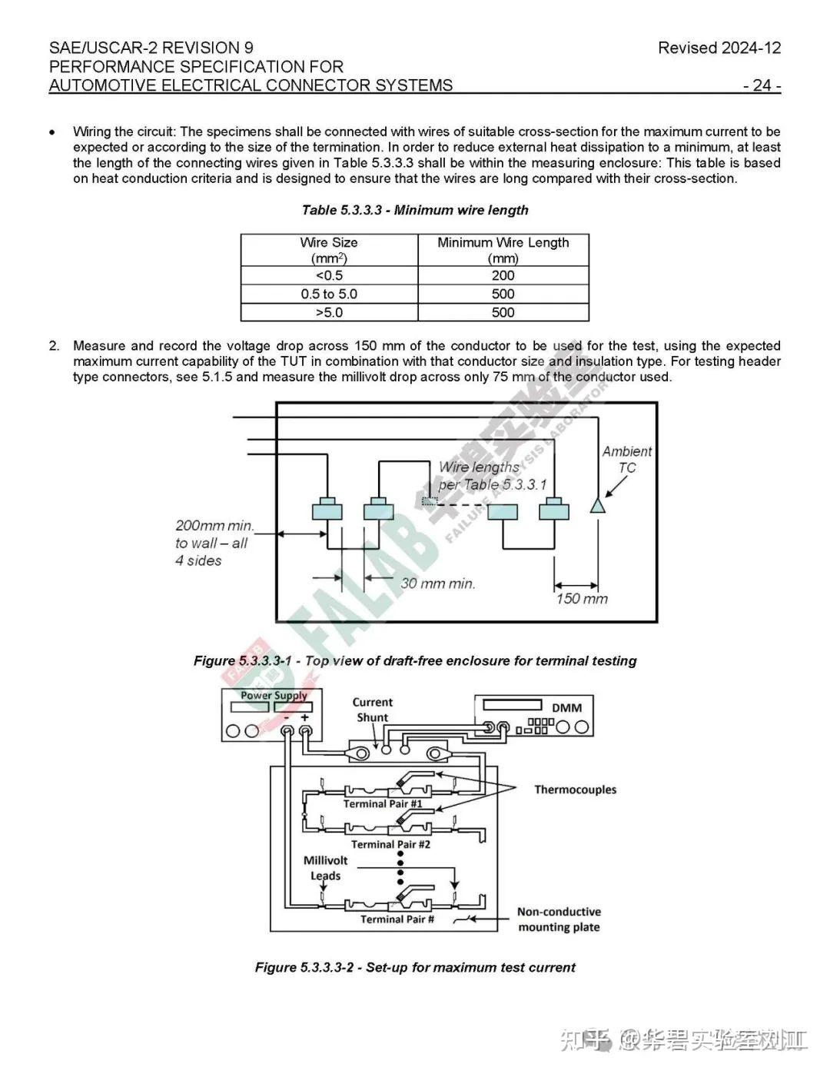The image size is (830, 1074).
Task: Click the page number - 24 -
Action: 762,85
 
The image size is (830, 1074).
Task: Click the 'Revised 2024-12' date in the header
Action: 719,48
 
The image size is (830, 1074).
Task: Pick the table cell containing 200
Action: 503,275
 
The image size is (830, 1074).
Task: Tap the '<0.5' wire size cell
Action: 329,275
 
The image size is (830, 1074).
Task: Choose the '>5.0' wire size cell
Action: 329,312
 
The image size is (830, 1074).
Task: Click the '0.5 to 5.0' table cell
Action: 329,294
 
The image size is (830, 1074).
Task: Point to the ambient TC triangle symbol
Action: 597,505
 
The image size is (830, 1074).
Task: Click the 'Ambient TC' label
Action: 626,460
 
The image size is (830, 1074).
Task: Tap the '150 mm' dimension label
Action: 582,599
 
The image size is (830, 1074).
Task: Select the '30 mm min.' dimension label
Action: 437,584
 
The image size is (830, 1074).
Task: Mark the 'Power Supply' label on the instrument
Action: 274,696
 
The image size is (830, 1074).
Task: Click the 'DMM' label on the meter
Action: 566,707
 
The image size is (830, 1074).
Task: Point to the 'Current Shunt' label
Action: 372,710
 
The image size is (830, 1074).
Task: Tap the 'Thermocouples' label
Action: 575,790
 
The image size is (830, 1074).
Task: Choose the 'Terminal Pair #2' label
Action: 390,844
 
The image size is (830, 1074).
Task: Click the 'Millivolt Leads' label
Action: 325,868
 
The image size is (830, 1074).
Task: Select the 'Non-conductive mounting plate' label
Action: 559,919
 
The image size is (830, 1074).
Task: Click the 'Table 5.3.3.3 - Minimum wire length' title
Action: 415,210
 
